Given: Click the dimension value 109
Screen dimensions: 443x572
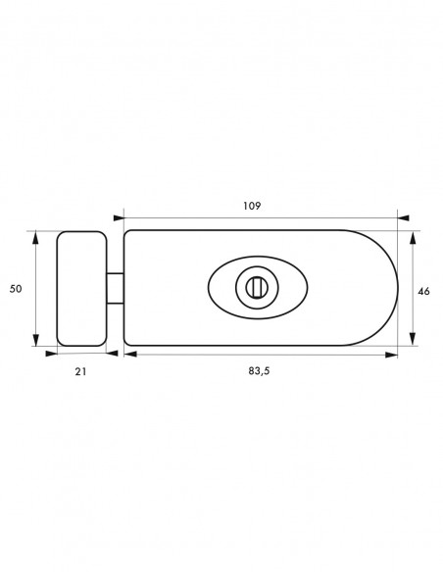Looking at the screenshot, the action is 252,206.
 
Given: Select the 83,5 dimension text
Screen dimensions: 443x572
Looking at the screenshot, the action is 259,371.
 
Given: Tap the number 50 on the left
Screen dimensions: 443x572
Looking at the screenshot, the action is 16,289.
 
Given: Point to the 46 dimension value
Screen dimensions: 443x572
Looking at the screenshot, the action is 423,292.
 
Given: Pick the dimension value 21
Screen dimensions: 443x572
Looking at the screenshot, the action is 80,372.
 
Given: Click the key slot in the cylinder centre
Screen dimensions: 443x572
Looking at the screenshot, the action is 257,287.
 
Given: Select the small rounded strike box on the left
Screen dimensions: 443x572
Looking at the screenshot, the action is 81,289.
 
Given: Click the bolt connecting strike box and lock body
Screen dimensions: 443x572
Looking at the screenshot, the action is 116,288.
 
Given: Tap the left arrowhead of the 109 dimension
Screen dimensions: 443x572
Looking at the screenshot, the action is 119,218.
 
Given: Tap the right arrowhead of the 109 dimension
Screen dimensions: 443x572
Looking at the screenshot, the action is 403,218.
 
